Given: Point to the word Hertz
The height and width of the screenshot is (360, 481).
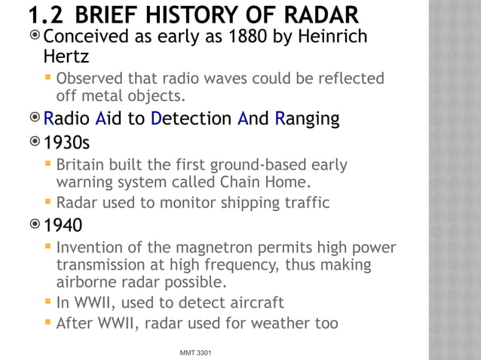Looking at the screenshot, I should pos(66,56).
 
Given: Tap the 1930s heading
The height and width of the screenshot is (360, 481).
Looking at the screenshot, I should pos(66,142).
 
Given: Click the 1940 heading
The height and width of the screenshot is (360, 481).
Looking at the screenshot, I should pos(63,225).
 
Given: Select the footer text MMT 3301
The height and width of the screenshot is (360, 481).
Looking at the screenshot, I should pos(195,352).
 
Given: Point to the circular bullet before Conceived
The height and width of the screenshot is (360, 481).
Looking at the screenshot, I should pos(35,36).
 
